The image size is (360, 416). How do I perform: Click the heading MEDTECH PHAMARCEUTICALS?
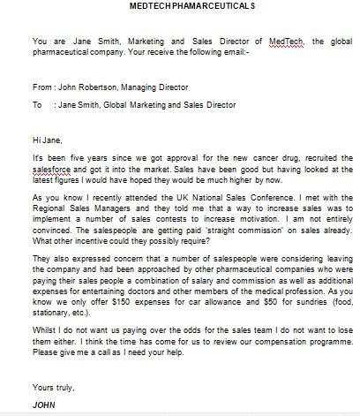[x=179, y=5]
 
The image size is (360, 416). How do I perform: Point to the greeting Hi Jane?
[x=43, y=139]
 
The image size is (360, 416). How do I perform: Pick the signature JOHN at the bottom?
[x=43, y=404]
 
